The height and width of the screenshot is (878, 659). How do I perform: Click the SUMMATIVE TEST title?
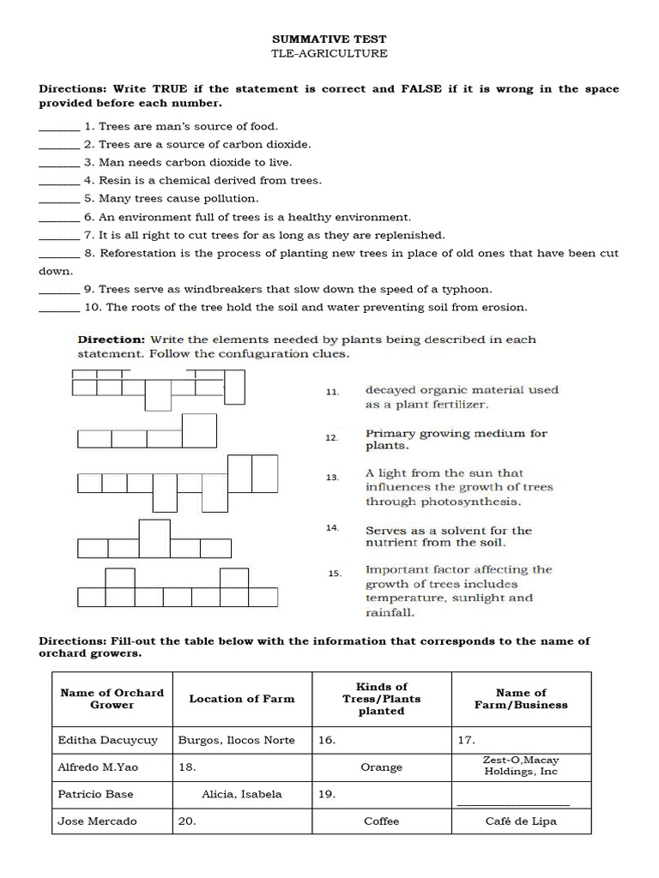coord(329,39)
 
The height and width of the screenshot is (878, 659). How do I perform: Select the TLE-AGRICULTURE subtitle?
coord(329,53)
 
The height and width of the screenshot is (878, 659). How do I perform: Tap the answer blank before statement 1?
coord(58,129)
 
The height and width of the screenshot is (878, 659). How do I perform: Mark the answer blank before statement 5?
coord(58,201)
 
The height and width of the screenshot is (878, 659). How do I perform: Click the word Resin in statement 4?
coord(114,180)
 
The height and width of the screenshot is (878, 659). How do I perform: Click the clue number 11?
coord(332,392)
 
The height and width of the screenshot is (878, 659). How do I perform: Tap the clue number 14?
coord(332,527)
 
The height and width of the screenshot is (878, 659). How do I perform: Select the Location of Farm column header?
coord(241,699)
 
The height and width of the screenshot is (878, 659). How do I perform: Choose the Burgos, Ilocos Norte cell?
coord(236,740)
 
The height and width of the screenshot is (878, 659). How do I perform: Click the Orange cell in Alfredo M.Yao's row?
coord(381,767)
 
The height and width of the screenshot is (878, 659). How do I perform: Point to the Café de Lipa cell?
coord(520,821)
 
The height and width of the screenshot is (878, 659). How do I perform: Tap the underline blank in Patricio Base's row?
coord(513,803)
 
